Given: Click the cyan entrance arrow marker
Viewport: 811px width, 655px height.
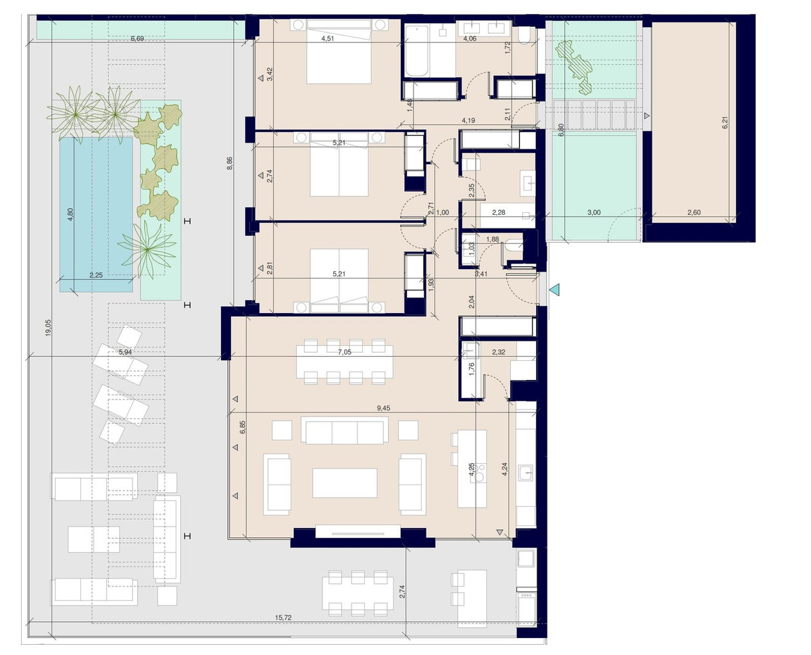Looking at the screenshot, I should point(554,291).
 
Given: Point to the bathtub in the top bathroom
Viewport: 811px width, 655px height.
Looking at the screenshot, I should point(416,51).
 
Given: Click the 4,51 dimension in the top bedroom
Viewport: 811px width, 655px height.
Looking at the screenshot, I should point(329,39).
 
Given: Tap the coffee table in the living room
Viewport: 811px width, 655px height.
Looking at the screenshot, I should point(345,483).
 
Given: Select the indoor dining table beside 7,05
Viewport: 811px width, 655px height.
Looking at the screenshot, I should point(345,362).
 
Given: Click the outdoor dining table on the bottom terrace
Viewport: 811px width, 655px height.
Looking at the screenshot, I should point(358,596).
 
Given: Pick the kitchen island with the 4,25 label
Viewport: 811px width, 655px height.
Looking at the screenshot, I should point(472,469).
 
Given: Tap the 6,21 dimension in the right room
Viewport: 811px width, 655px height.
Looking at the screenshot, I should point(724,122).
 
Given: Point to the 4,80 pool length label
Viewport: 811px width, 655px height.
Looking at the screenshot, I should point(70,214).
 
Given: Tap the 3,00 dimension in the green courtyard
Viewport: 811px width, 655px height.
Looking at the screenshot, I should point(593,212).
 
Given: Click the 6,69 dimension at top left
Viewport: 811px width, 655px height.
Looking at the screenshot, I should point(137,39).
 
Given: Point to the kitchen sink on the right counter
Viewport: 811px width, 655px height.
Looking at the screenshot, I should point(525,472).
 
